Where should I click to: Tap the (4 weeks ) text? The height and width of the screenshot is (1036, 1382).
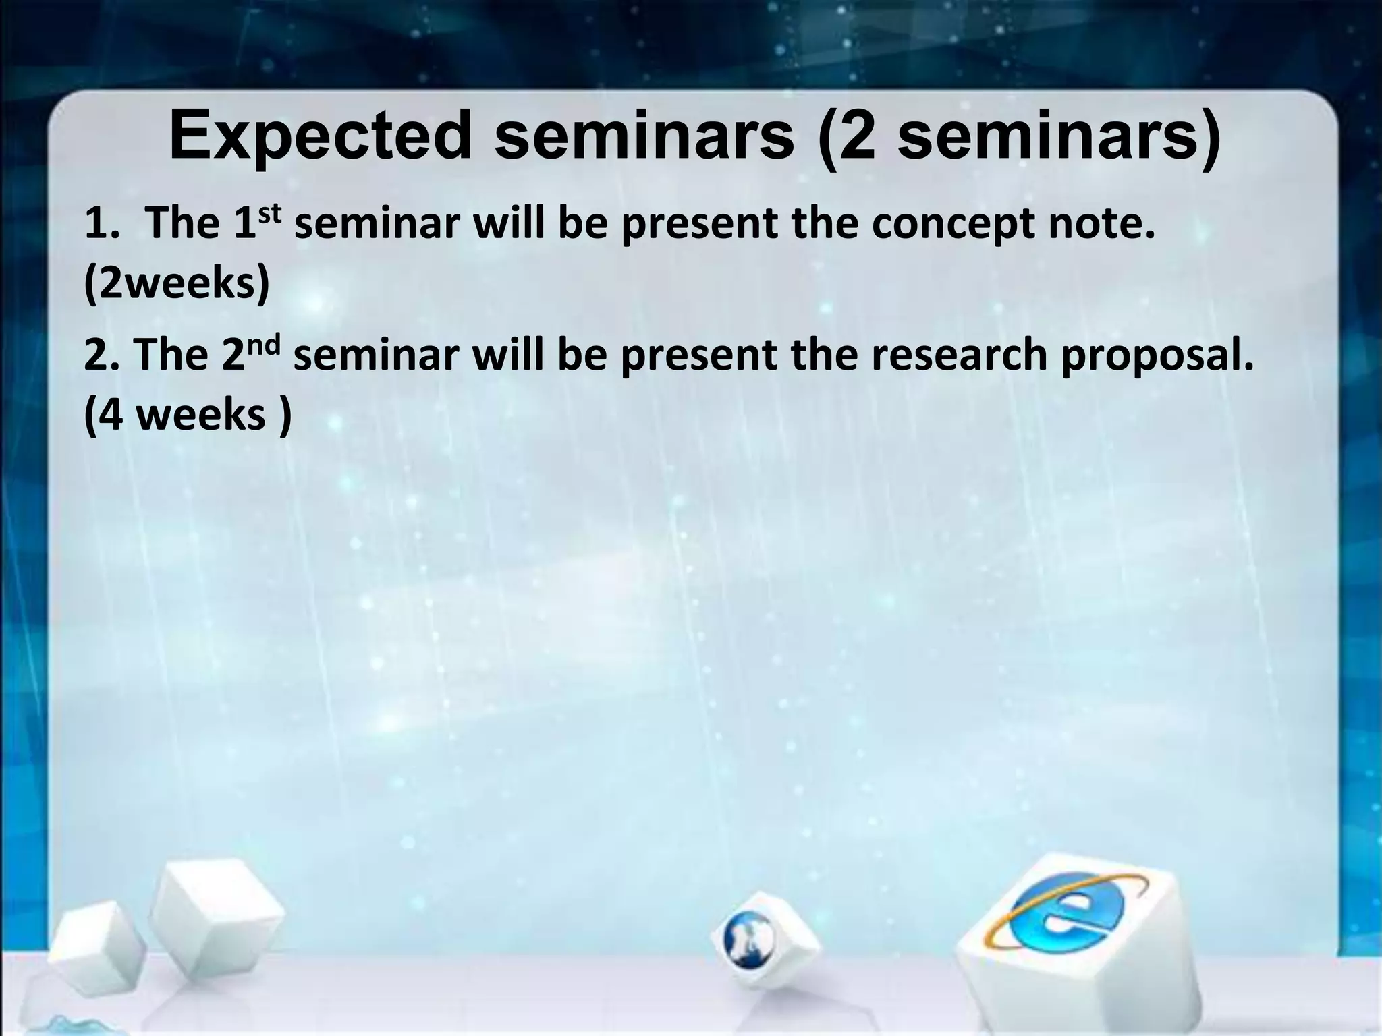pyautogui.click(x=188, y=415)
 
